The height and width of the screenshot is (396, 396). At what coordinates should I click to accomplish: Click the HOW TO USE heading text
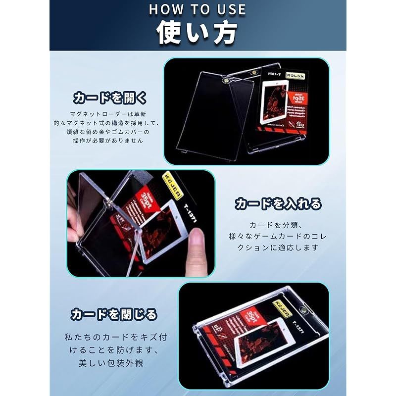pos(198,9)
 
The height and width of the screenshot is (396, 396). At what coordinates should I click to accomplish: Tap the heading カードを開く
pos(110,97)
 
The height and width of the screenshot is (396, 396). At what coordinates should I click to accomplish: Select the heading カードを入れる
pos(278,203)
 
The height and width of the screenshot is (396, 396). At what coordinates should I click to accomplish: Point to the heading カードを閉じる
pos(113,314)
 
